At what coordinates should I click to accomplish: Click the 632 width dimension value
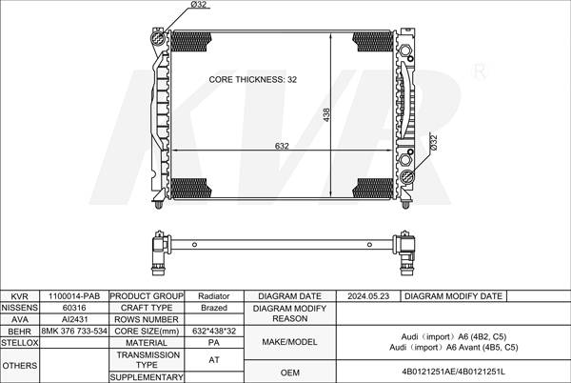[x=282, y=146]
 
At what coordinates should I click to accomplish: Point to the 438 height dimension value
[x=326, y=114]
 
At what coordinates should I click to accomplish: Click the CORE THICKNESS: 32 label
[x=253, y=79]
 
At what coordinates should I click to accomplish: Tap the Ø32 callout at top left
[x=199, y=5]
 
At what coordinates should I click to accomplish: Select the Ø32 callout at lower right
[x=433, y=143]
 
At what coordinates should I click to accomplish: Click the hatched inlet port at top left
[x=158, y=37]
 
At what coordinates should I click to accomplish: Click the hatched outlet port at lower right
[x=406, y=176]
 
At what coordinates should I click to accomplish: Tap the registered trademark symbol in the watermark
[x=480, y=71]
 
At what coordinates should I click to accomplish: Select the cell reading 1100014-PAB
[x=74, y=296]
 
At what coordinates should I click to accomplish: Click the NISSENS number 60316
[x=74, y=308]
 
